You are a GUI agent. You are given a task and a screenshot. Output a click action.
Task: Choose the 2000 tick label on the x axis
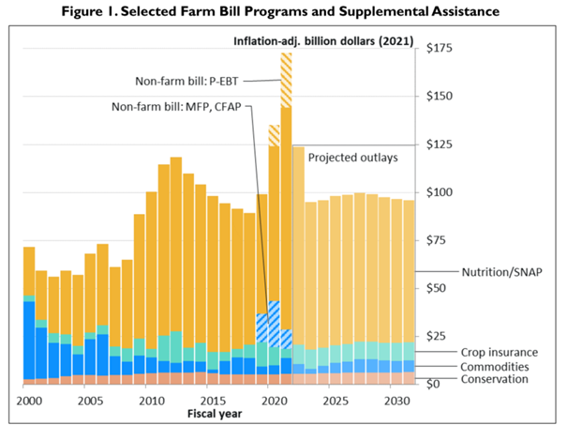click(x=29, y=398)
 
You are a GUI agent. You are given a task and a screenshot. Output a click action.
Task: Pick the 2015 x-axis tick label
click(x=212, y=398)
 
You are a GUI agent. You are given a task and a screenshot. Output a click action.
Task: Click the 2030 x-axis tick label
click(x=395, y=398)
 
